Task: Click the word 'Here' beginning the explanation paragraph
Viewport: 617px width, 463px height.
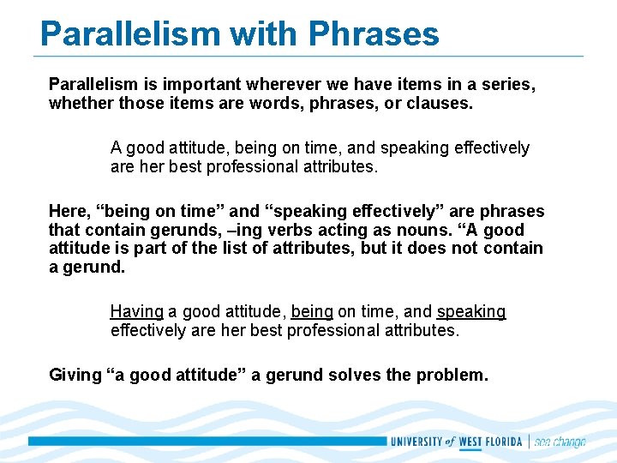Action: (66, 211)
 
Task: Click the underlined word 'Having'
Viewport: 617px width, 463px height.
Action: (136, 312)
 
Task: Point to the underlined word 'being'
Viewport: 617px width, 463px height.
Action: (312, 312)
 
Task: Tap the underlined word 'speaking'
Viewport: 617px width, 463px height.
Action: (471, 312)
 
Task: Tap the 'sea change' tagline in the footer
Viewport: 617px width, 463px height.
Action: (560, 442)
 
